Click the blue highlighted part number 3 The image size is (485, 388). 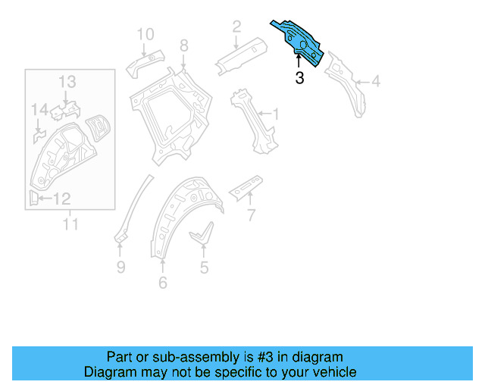[301, 41]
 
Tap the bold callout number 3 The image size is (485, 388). [299, 77]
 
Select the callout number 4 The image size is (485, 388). [376, 83]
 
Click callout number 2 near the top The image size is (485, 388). [236, 27]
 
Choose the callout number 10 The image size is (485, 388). [145, 33]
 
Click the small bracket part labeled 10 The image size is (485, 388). [143, 61]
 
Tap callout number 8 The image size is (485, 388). [183, 46]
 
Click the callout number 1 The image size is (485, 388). [275, 114]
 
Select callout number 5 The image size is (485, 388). [204, 267]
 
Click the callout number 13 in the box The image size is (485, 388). [67, 81]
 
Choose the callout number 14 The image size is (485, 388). [39, 111]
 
